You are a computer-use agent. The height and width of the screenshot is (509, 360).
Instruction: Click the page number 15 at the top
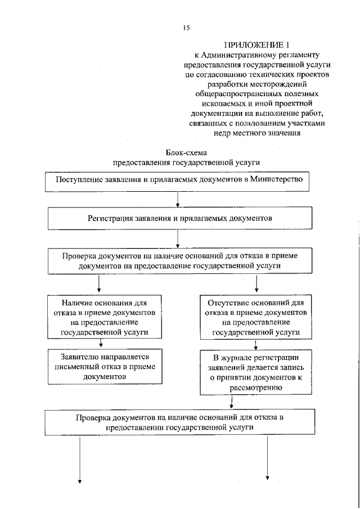pos(186,28)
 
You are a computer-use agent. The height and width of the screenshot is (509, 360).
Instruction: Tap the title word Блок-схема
pos(186,152)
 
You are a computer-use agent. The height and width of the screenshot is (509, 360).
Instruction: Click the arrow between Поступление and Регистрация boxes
pos(178,199)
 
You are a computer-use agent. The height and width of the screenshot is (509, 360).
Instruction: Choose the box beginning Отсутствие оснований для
pos(256,317)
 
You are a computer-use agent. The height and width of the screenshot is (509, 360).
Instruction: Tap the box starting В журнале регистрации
pos(256,372)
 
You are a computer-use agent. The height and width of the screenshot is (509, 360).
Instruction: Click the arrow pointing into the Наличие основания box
pos(99,285)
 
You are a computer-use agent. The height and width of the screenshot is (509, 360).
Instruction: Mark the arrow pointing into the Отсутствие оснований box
pos(257,285)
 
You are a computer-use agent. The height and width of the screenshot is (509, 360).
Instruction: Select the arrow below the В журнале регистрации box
pos(232,403)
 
